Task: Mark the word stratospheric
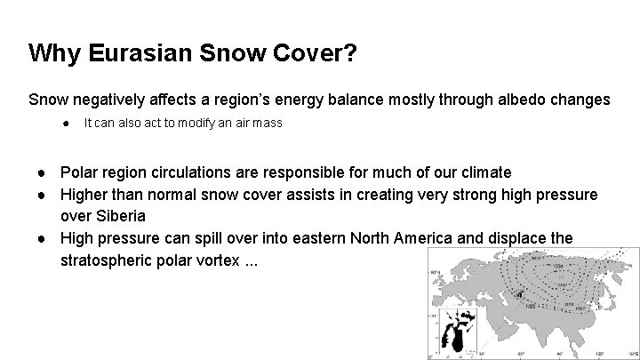pos(105,261)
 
